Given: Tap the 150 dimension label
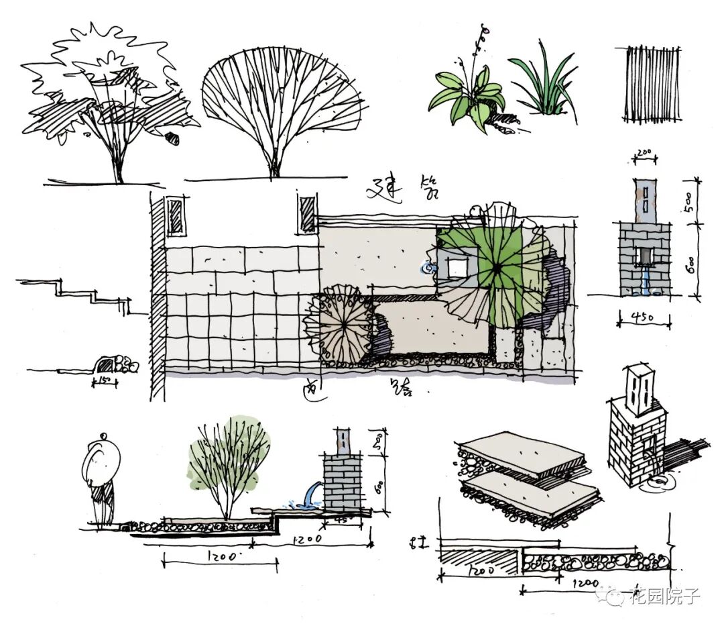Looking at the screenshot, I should pyautogui.click(x=105, y=382).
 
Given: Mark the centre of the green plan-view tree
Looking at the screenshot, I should pyautogui.click(x=497, y=267).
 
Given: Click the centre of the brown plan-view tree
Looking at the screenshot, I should pyautogui.click(x=343, y=325).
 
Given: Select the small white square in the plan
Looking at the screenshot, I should pyautogui.click(x=457, y=267).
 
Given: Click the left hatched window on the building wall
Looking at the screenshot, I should pyautogui.click(x=176, y=216).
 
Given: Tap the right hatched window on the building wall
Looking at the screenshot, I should pyautogui.click(x=307, y=215).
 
